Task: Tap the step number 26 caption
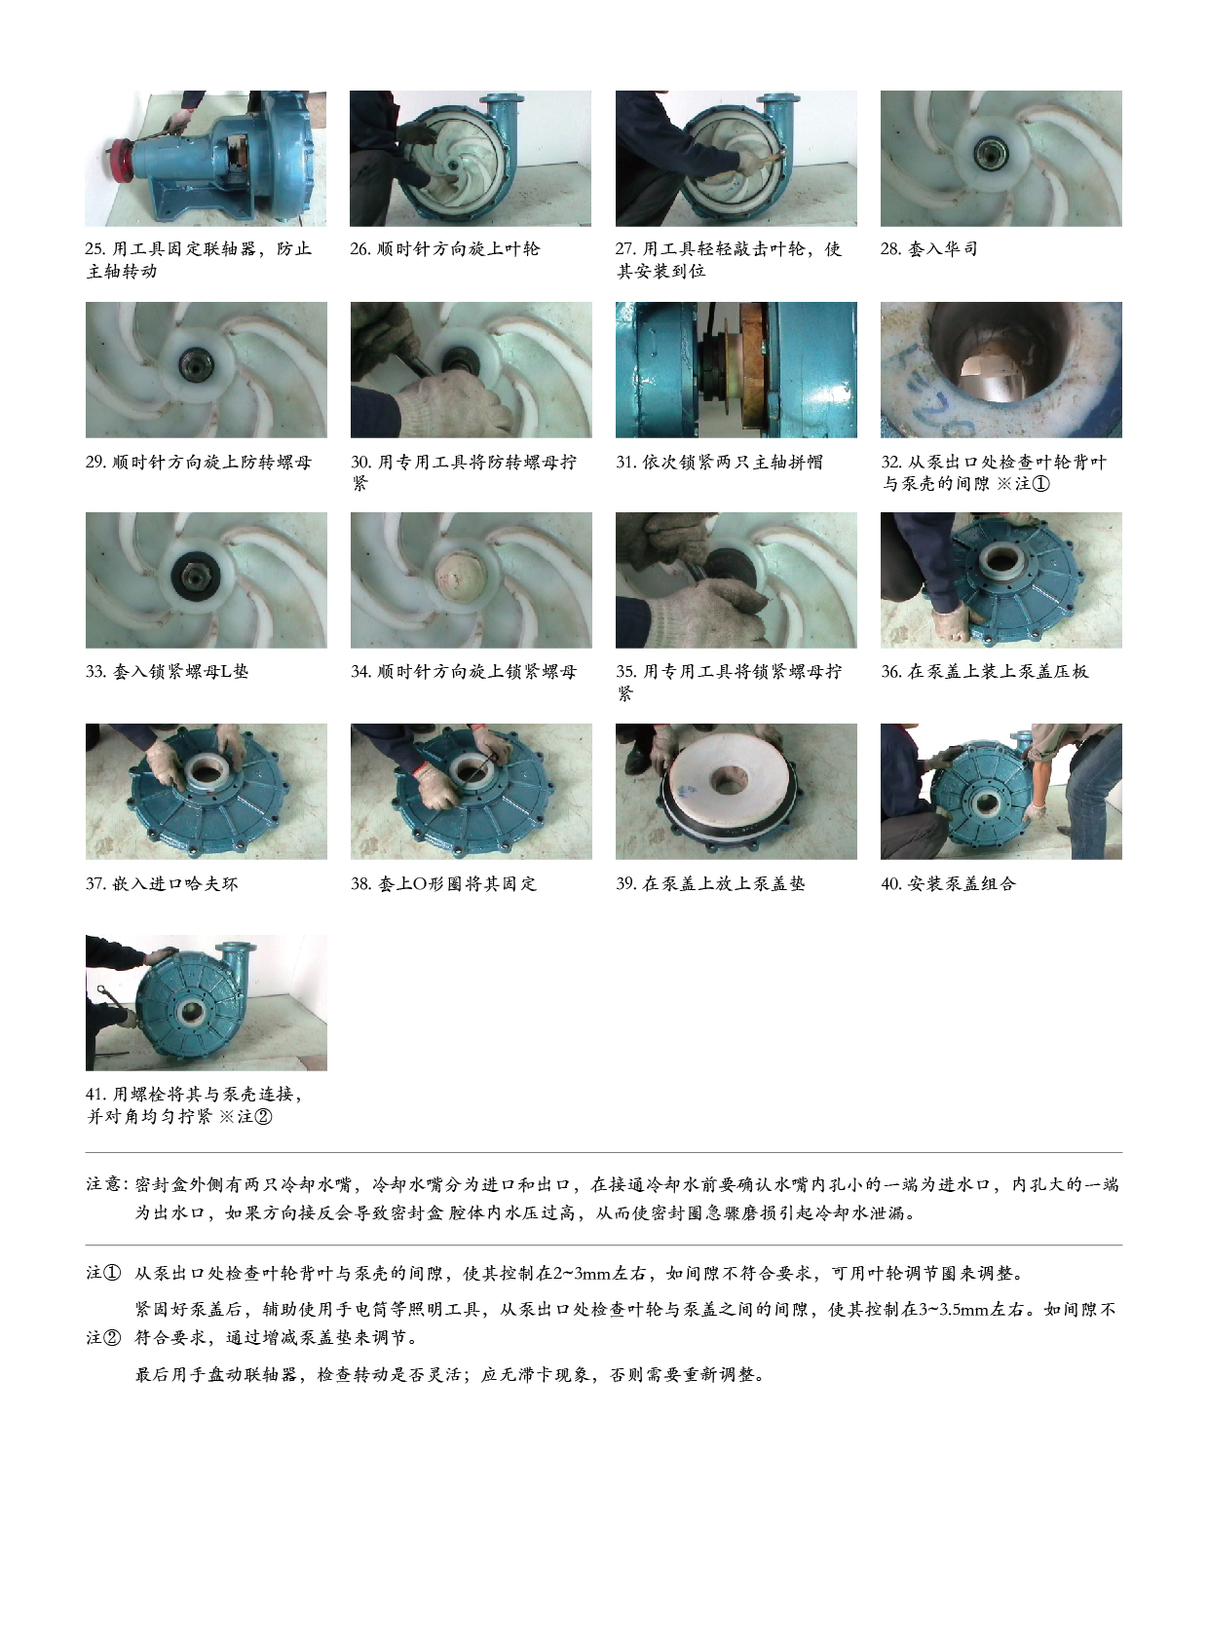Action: (444, 248)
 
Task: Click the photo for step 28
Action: (1000, 158)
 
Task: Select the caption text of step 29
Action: (199, 462)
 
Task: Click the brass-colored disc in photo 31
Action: (753, 369)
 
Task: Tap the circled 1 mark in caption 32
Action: (1040, 484)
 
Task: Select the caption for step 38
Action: (443, 884)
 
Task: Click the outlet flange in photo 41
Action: (240, 950)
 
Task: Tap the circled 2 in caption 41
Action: (263, 1117)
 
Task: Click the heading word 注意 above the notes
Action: (103, 1184)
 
